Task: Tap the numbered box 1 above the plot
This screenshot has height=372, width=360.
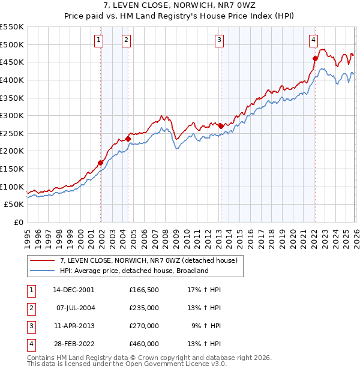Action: point(98,40)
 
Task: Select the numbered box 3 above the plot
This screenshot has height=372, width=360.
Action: point(219,40)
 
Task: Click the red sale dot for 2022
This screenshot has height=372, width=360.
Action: point(315,58)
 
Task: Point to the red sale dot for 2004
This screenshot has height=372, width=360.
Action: point(128,139)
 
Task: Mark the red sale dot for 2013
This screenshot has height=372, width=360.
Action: point(221,126)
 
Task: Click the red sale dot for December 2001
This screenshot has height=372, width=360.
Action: point(101,163)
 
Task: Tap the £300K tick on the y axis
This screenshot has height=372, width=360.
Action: point(12,115)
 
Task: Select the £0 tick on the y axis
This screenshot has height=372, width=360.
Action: point(19,222)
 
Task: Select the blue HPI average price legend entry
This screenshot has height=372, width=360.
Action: point(133,271)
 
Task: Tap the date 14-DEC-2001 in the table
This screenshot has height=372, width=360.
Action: point(73,289)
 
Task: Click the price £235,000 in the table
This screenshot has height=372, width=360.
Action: point(144,308)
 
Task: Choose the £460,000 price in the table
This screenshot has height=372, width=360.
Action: point(144,344)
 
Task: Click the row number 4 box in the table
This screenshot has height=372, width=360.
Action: point(30,344)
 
